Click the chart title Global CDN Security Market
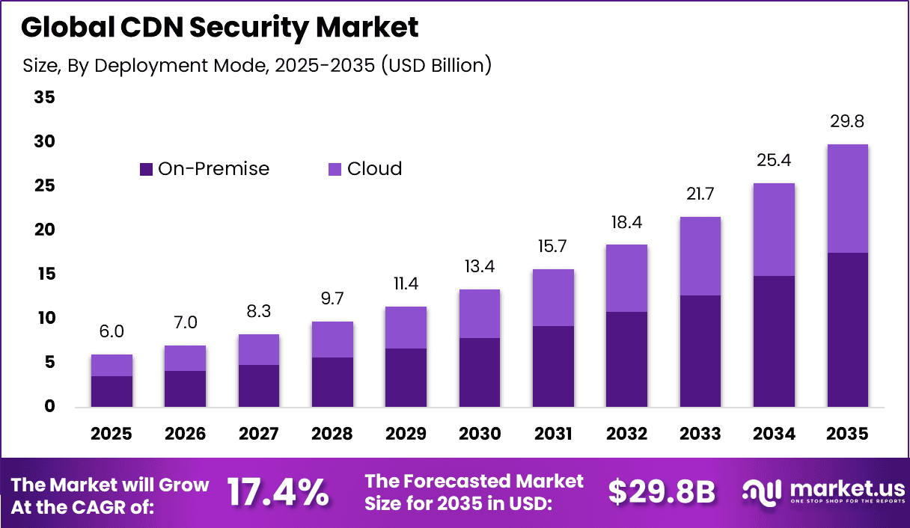pos(219,28)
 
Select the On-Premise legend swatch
pos(146,169)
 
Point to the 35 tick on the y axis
pos(44,98)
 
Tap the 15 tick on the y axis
pos(44,274)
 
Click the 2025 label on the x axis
pos(112,435)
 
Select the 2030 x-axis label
pos(480,435)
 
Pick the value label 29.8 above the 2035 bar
pos(847,122)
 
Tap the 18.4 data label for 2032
pos(626,223)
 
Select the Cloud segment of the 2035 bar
pos(847,198)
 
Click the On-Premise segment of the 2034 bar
pos(774,341)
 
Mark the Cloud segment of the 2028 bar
pos(332,340)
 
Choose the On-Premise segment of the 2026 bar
pos(185,389)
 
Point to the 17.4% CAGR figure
pos(278,492)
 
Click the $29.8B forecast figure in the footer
pos(662,492)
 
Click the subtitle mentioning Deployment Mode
pos(257,66)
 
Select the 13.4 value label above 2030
pos(480,267)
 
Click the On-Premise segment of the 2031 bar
pos(553,366)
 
